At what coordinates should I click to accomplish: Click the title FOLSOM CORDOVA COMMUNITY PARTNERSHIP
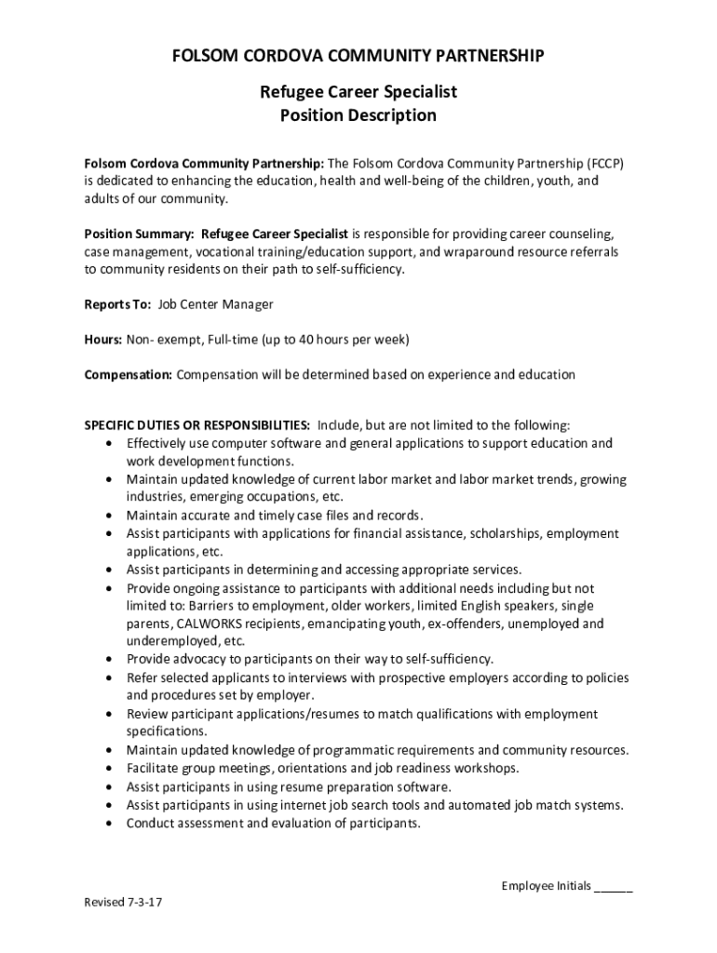click(x=358, y=57)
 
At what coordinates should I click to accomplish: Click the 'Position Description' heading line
click(x=358, y=115)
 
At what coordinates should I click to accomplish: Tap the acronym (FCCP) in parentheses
click(x=604, y=164)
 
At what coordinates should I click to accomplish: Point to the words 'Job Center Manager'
click(x=216, y=304)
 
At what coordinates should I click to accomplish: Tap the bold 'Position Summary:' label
click(x=139, y=234)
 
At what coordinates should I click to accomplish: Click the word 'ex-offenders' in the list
click(x=468, y=624)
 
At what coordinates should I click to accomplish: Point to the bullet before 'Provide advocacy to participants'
click(x=113, y=660)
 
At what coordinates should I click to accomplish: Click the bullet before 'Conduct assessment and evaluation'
click(x=113, y=824)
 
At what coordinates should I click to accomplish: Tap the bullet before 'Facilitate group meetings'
click(x=113, y=769)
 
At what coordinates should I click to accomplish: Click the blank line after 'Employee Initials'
click(x=614, y=887)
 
